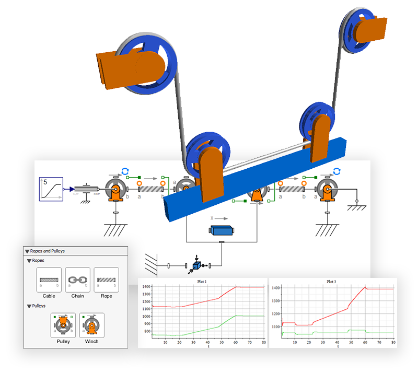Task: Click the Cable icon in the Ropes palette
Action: click(49, 280)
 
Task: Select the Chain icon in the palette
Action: click(77, 280)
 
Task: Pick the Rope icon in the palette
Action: click(106, 280)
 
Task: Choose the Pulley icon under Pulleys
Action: click(63, 326)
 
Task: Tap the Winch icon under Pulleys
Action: click(91, 326)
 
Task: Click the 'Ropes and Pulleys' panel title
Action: click(48, 251)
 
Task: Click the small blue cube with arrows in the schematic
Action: click(196, 266)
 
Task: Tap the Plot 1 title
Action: click(202, 282)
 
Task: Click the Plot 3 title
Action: click(331, 282)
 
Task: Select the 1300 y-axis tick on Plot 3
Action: click(275, 301)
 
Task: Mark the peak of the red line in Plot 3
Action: click(365, 287)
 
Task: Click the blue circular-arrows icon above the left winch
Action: click(125, 171)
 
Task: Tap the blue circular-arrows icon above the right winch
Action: click(337, 171)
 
